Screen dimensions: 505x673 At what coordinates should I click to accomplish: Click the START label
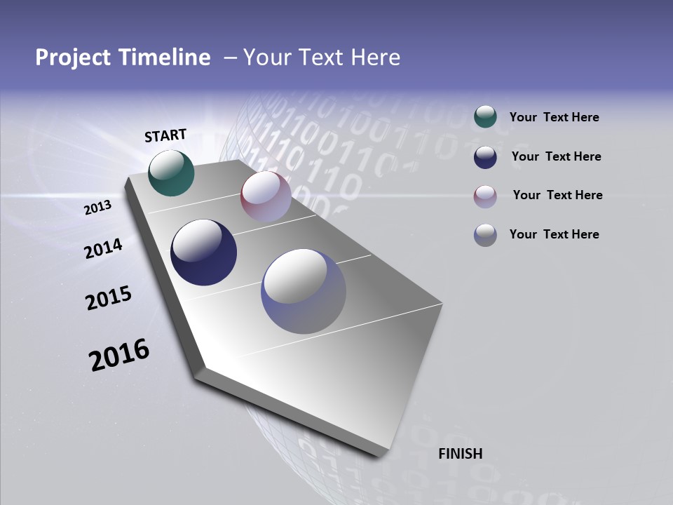(x=165, y=135)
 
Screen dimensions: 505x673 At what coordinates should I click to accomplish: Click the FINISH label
(x=460, y=454)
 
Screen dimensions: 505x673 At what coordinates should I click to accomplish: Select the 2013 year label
(x=98, y=208)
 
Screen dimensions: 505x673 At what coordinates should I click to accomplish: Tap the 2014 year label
(x=103, y=249)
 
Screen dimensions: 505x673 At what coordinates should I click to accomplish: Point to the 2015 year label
(x=109, y=298)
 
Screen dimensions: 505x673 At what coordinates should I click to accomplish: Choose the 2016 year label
(x=119, y=355)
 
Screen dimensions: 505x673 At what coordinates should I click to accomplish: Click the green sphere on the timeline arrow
(x=172, y=173)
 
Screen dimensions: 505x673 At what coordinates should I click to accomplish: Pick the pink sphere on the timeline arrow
(x=266, y=196)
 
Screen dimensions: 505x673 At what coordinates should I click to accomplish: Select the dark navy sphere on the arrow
(x=203, y=252)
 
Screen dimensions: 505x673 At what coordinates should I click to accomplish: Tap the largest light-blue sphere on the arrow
(x=304, y=291)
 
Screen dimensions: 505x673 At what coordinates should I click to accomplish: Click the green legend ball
(x=485, y=117)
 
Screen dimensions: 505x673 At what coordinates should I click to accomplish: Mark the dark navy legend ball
(x=485, y=156)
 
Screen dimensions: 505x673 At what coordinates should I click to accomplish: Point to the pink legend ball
(x=485, y=196)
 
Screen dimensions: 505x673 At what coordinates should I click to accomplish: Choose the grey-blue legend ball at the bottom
(x=485, y=235)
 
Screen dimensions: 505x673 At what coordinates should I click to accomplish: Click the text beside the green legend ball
(x=554, y=118)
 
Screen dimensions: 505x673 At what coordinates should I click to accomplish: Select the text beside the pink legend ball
(x=557, y=195)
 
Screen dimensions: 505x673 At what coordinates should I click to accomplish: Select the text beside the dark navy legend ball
(x=556, y=156)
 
